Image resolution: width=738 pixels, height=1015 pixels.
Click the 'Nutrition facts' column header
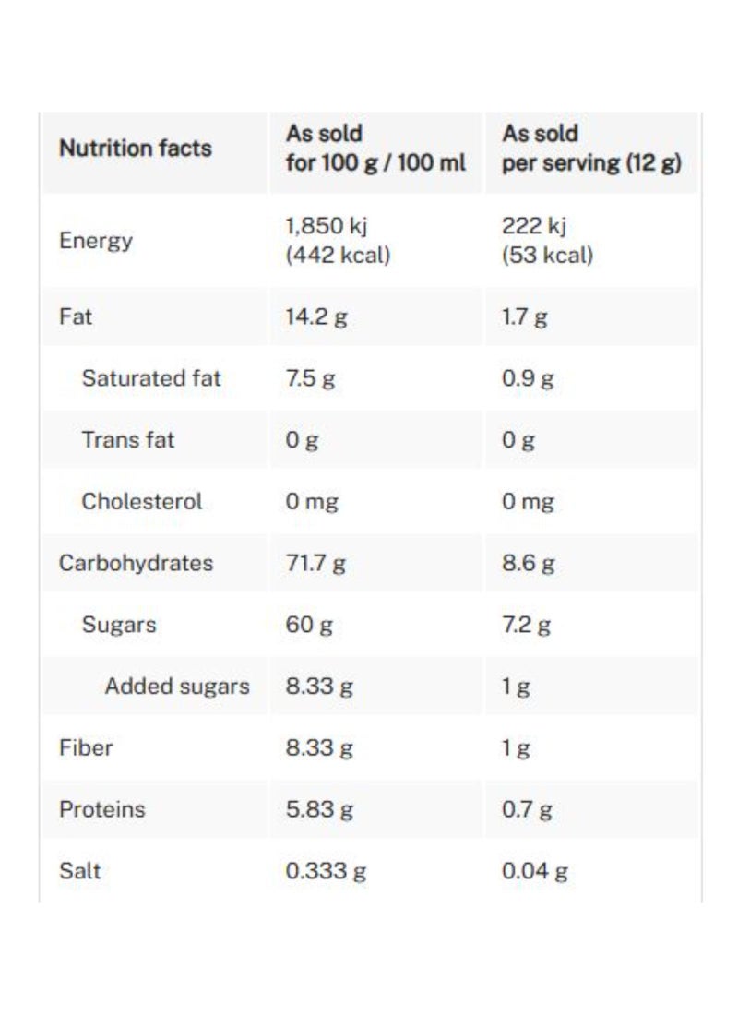[135, 149]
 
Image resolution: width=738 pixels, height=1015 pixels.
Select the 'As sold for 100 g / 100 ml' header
[375, 149]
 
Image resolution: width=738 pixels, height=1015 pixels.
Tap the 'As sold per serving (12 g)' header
[591, 149]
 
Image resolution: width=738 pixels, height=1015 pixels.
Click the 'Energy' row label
[96, 241]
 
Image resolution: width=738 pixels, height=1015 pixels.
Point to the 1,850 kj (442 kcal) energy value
[338, 241]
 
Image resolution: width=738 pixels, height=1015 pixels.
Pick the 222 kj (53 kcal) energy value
[547, 241]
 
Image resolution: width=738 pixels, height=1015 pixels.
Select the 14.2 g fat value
[316, 317]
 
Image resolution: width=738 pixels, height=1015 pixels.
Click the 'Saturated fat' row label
[151, 378]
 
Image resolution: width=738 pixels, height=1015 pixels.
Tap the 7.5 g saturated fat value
[310, 378]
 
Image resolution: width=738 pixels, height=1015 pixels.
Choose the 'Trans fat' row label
[128, 440]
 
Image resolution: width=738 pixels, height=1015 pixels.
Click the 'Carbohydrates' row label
[136, 563]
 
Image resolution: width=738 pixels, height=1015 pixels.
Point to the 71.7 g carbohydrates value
[315, 563]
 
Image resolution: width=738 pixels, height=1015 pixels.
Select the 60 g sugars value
[309, 625]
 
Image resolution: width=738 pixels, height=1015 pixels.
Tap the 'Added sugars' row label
[177, 687]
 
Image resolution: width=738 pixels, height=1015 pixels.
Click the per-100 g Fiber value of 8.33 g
[319, 747]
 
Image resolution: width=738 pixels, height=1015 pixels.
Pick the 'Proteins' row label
[102, 809]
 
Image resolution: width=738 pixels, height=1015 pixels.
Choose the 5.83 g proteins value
[319, 809]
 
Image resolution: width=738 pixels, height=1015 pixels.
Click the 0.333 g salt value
[326, 871]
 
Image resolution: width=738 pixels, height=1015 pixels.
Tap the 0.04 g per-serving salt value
[534, 871]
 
